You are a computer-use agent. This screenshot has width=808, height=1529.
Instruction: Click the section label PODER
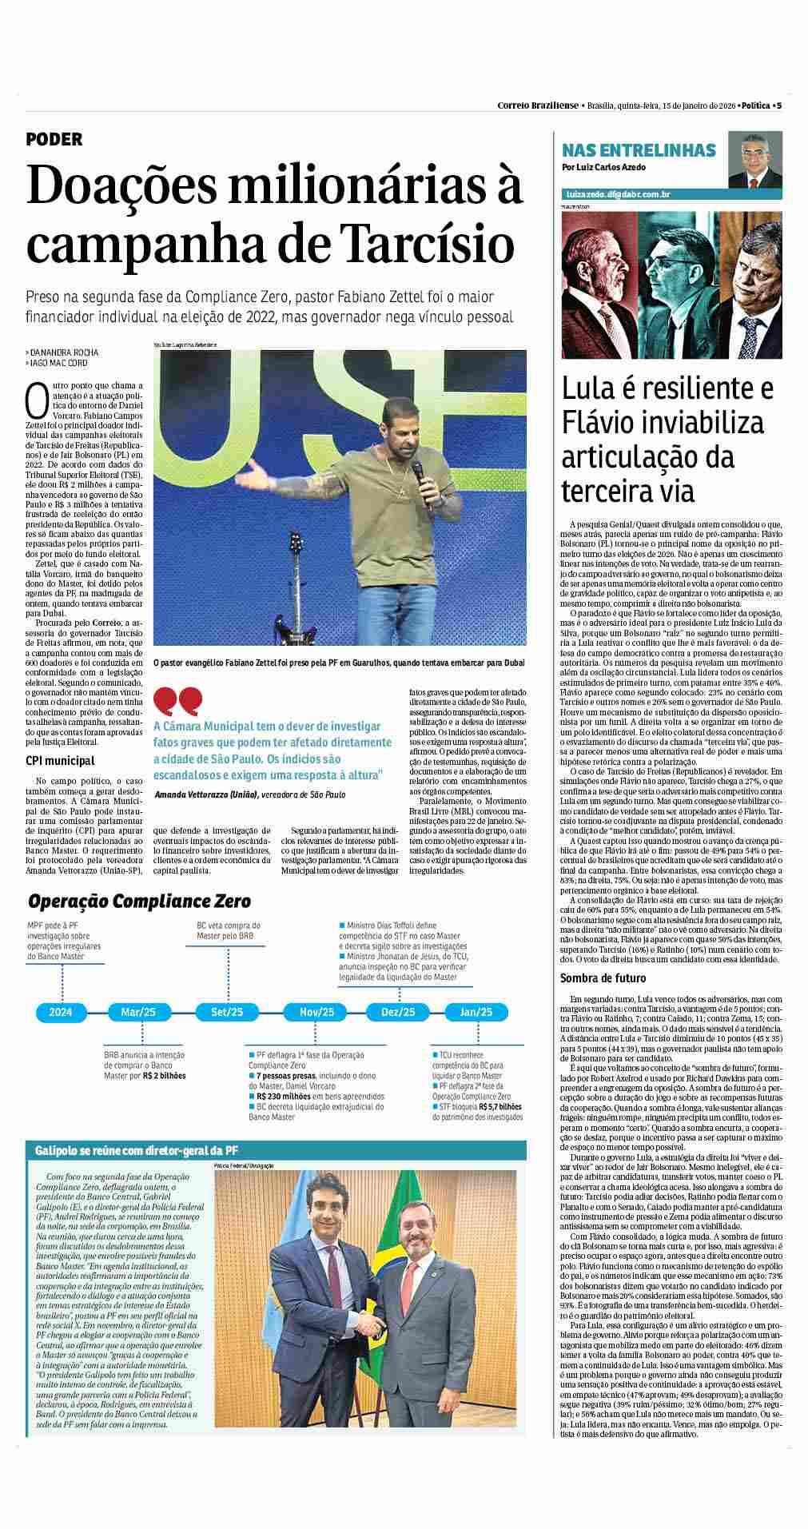[x=54, y=139]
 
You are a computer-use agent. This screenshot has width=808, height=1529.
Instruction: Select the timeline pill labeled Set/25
[x=227, y=1011]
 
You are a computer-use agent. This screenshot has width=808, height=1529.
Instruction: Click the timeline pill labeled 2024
[x=61, y=1011]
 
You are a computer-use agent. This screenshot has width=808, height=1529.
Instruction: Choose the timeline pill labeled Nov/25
[x=316, y=1011]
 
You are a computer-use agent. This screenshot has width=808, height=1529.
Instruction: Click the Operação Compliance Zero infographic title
[x=139, y=902]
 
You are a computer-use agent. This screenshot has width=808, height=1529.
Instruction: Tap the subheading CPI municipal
[x=59, y=761]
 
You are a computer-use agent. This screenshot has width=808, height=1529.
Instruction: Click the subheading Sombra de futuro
[x=603, y=978]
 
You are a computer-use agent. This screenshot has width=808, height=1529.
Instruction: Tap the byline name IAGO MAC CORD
[x=58, y=362]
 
